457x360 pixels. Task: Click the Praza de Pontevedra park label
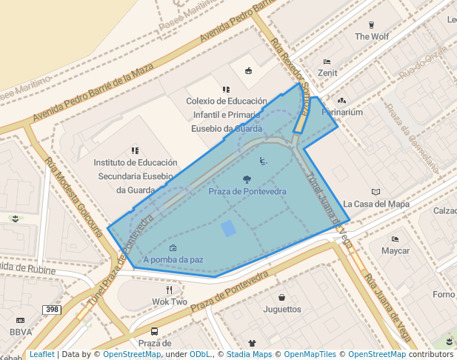(247, 192)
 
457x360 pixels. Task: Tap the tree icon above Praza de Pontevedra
(247, 179)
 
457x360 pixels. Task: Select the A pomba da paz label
(173, 260)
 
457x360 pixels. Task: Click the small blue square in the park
(229, 228)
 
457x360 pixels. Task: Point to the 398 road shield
(51, 309)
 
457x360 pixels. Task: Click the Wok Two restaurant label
(170, 302)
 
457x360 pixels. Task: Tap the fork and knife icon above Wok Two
(170, 290)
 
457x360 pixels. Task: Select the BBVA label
(21, 333)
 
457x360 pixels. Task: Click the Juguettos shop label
(282, 309)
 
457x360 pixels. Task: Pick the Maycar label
(396, 251)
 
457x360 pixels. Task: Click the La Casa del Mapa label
(376, 204)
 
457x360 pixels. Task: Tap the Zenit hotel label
(327, 73)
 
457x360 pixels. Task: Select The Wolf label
(372, 36)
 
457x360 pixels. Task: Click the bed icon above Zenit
(327, 61)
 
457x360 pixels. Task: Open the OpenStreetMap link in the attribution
(132, 355)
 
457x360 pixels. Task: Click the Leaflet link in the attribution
(41, 355)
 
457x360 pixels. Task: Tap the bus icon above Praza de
(154, 331)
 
